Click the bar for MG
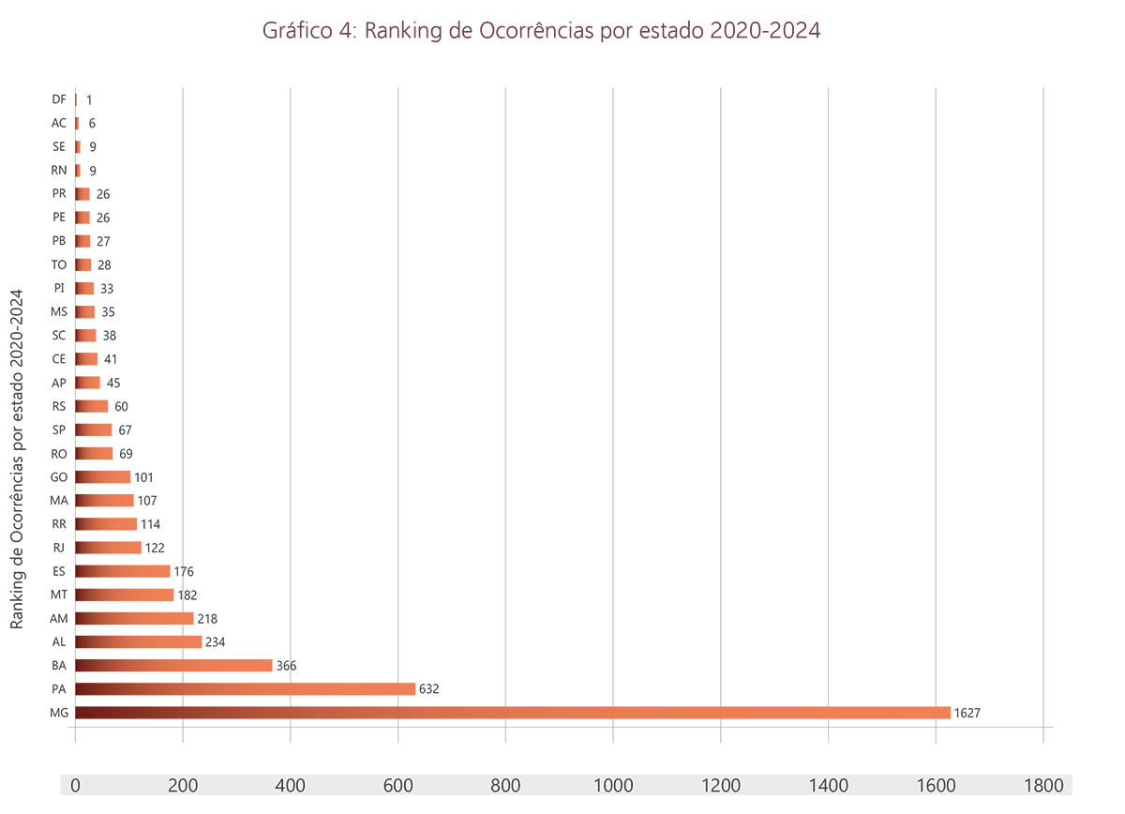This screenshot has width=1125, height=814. pos(512,713)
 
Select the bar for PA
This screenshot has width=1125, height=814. pos(245,689)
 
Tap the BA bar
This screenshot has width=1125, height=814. pos(173,666)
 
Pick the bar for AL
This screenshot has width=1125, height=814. pos(139,641)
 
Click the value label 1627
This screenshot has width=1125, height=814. pos(967,714)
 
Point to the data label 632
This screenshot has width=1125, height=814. pos(428,689)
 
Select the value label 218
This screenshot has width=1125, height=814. pos(207,618)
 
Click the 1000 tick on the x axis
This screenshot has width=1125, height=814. pos(612,785)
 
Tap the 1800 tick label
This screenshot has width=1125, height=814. pos(1042,785)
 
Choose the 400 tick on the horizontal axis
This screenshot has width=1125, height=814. pos(290,785)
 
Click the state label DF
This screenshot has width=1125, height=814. pos(59,99)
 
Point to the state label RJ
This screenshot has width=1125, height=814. pos(59,548)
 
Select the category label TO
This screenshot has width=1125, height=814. pos(59,264)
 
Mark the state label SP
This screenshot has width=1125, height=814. pos(59,430)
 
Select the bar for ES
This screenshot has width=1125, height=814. pos(122,571)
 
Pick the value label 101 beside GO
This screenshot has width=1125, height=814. pos(143,477)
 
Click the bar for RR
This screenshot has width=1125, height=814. pos(106,524)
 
